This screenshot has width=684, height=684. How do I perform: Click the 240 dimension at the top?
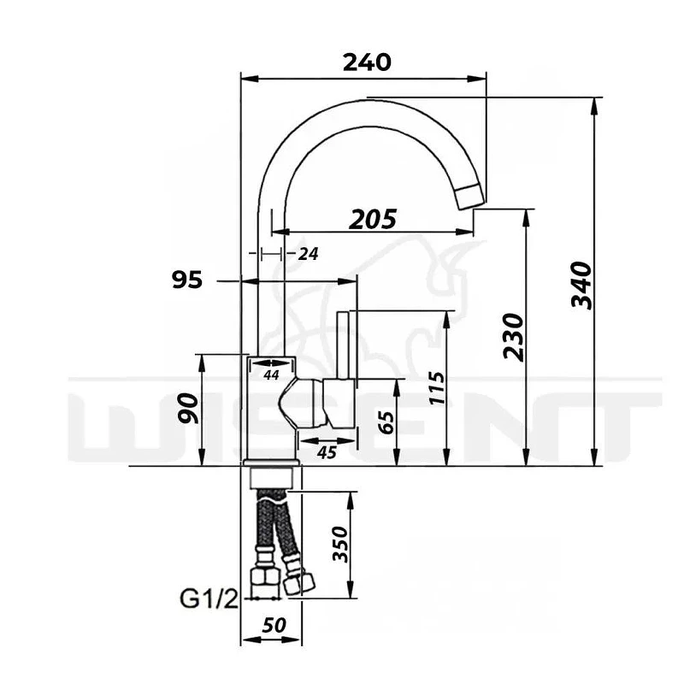(x=367, y=62)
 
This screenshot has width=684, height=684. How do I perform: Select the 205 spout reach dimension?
(x=373, y=219)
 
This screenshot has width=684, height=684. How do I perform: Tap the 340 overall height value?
(x=582, y=286)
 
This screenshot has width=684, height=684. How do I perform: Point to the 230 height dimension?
(x=513, y=336)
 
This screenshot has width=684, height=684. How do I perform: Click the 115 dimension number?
(x=437, y=388)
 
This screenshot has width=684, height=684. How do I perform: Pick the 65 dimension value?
(x=386, y=422)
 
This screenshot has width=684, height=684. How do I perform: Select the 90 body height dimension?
(x=189, y=409)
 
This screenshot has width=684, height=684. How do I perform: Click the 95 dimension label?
(x=187, y=280)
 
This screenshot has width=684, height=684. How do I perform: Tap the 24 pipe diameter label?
(x=309, y=254)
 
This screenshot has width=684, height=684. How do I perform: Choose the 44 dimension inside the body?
(x=271, y=374)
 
